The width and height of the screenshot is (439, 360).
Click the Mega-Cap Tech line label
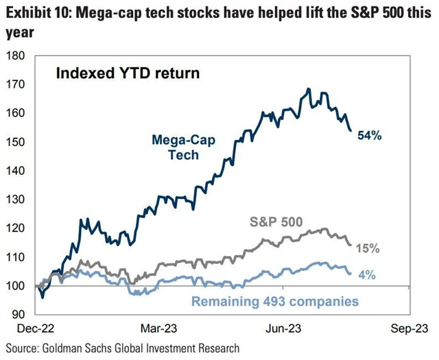(x=176, y=147)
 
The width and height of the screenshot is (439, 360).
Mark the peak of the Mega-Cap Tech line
(x=309, y=89)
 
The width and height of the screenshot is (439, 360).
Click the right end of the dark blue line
(x=351, y=130)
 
